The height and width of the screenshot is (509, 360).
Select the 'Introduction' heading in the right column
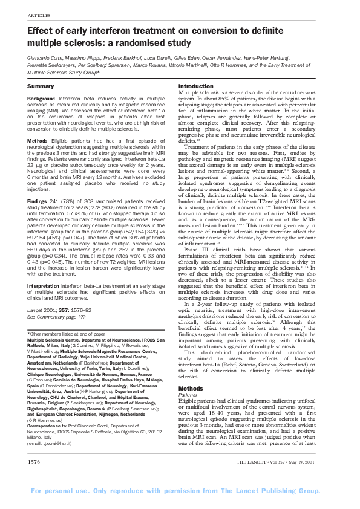click(197, 86)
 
